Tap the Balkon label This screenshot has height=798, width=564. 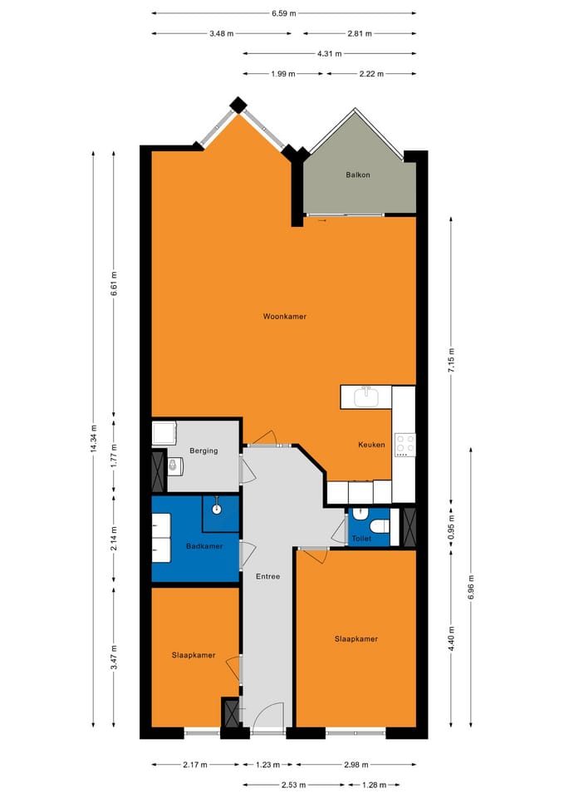pos(358,175)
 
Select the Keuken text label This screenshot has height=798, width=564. pos(371,445)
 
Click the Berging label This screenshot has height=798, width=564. pos(204,451)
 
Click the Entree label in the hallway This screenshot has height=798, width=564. pos(267,576)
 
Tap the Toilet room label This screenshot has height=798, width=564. pos(361,539)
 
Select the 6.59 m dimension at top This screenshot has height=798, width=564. pos(283,13)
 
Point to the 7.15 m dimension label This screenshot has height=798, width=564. pos(452,362)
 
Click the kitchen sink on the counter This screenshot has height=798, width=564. pos(366,397)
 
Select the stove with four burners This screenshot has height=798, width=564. pos(405,444)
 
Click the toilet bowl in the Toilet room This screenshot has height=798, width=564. pos(375,526)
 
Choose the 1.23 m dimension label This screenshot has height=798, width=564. pos(268,765)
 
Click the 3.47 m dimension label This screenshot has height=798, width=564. pos(115,656)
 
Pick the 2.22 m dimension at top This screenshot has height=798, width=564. pos(370,74)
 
